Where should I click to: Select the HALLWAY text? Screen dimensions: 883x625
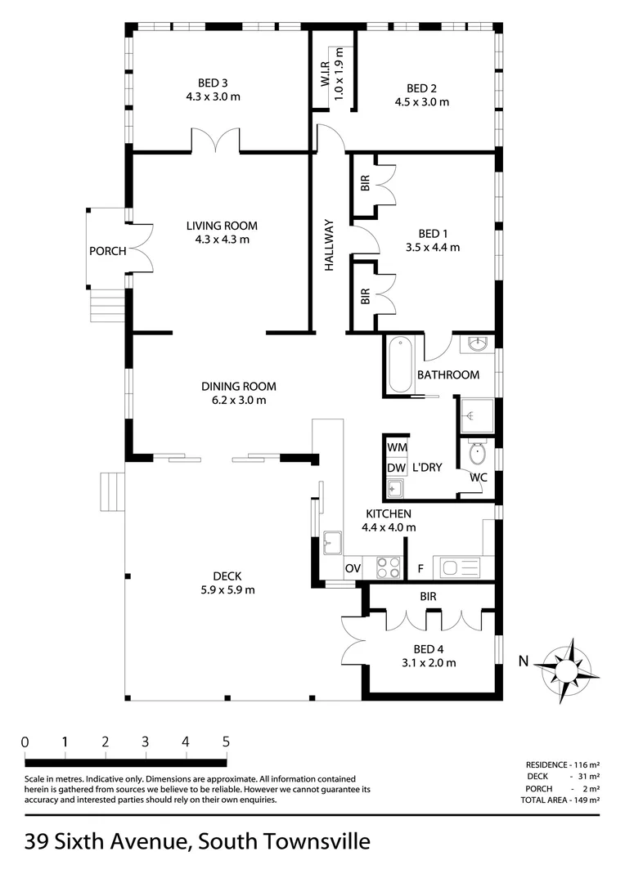[x=330, y=244]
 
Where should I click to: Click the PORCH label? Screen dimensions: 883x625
[x=108, y=251]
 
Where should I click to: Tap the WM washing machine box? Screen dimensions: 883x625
[x=397, y=449]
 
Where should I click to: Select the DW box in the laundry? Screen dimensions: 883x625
[x=397, y=468]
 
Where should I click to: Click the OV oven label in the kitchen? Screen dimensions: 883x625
[x=353, y=568]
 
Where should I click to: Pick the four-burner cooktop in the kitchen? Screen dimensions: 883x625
[x=388, y=567]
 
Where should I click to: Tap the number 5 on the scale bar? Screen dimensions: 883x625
[x=225, y=742]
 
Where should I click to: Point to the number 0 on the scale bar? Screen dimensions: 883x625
[x=25, y=742]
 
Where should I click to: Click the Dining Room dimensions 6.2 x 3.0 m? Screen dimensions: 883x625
[x=238, y=401]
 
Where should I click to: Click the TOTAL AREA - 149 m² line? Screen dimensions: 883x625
[x=560, y=800]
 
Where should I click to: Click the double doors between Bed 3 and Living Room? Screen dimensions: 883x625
[x=216, y=141]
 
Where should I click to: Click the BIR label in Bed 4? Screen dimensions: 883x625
[x=428, y=597]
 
